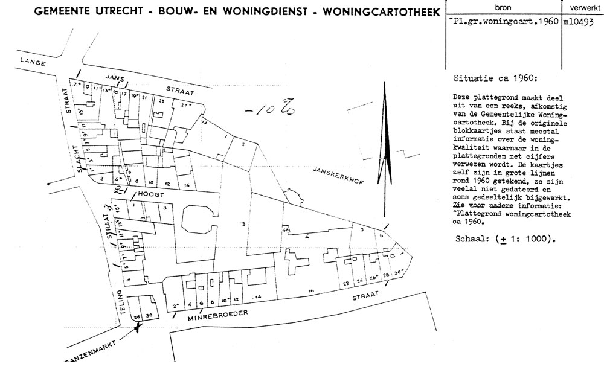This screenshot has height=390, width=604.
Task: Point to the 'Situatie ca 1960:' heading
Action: pyautogui.click(x=493, y=79)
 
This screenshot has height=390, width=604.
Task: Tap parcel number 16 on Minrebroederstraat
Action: pyautogui.click(x=310, y=291)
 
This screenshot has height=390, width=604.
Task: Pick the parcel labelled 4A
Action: pyautogui.click(x=284, y=231)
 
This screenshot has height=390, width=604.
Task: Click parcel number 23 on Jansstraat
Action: pyautogui.click(x=161, y=101)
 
